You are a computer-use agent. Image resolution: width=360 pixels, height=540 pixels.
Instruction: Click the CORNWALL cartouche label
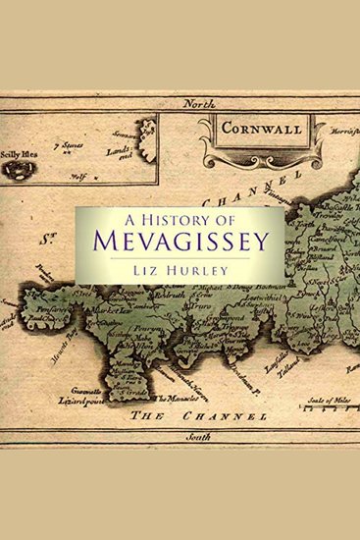pos(246,127)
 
